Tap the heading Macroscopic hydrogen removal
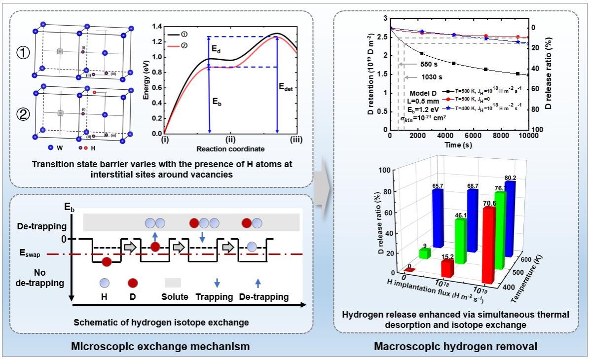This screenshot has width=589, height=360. tap(455, 346)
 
